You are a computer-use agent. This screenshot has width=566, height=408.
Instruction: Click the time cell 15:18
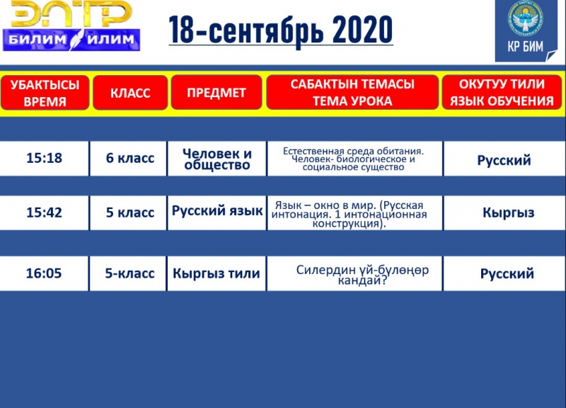coord(44,158)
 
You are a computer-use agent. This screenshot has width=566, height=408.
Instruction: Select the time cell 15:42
coord(44,212)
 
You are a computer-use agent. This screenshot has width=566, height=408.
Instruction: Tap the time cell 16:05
coord(44,273)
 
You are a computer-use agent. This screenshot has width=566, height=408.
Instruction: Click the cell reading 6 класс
coord(129,158)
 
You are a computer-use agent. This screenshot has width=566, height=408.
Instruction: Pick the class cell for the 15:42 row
coord(129,212)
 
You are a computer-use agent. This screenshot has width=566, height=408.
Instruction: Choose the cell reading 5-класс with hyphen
coord(129,273)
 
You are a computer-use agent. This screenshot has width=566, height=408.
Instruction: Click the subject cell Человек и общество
coord(217,159)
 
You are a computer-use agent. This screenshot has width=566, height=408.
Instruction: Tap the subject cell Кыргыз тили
coord(216,273)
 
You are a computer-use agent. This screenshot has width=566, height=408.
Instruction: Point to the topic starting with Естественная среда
coord(354,159)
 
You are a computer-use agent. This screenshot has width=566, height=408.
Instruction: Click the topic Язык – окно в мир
coord(350,215)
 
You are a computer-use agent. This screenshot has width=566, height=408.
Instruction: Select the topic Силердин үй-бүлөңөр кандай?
coord(362,275)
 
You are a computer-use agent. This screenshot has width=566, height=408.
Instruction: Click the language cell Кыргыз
coord(508,212)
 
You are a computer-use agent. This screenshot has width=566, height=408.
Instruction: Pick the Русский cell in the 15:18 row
coord(504,160)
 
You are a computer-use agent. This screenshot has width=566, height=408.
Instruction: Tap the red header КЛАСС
coord(130,93)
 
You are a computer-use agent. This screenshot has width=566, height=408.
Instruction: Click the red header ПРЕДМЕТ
coord(216,93)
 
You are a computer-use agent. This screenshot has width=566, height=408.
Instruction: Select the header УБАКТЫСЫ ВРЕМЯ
coord(45,93)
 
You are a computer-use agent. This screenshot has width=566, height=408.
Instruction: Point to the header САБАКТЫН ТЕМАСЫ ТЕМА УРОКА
coord(352,93)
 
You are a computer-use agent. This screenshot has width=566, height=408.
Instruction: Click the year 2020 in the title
coord(362,30)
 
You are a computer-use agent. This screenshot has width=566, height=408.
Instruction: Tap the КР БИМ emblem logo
coord(526,30)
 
